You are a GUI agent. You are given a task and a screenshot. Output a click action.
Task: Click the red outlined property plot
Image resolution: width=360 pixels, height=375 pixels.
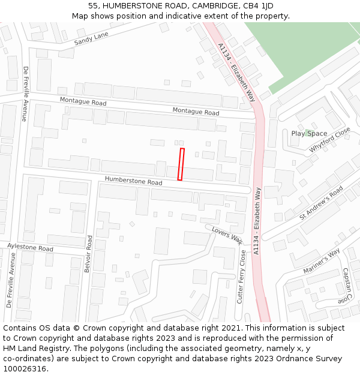coord(181,164)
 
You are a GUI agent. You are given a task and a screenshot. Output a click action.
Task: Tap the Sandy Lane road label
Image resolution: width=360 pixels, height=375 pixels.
coord(91,40)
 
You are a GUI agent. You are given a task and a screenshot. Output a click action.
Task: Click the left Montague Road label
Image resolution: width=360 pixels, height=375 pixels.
coord(83,103)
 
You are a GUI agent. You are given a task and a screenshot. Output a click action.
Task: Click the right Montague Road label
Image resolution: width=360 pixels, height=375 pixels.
coord(196,112)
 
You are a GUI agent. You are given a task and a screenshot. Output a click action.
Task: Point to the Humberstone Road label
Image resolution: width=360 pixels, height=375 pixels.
coord(133,181)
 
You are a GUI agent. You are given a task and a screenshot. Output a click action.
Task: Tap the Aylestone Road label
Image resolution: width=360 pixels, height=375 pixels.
coord(30,247)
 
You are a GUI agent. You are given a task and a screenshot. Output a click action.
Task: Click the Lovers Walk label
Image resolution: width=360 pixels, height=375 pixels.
coord(226,235)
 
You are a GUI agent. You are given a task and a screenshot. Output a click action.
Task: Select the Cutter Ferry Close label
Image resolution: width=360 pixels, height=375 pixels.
coord(242,277)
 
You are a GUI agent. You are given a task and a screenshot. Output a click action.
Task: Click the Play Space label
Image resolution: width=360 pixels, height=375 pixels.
coord(309,133)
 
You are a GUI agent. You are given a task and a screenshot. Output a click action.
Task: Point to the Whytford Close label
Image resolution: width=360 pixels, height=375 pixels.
coord(329,140)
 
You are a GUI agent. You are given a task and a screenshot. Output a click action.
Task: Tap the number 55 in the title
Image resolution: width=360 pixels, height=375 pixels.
coord(93,6)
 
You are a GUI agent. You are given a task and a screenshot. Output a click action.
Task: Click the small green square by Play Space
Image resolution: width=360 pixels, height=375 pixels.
coord(308,132)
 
